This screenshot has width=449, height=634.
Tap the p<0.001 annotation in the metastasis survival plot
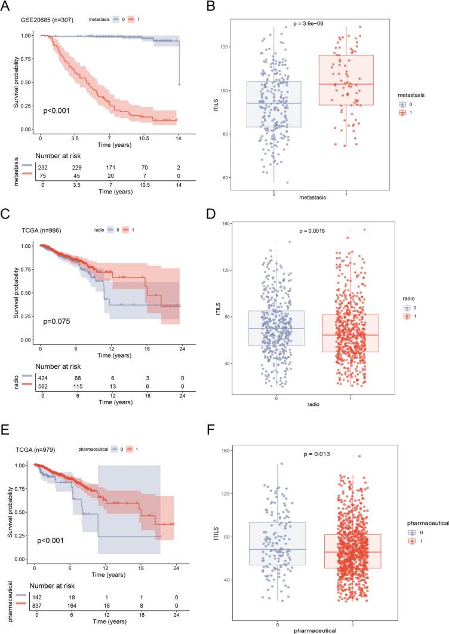pos(56,110)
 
